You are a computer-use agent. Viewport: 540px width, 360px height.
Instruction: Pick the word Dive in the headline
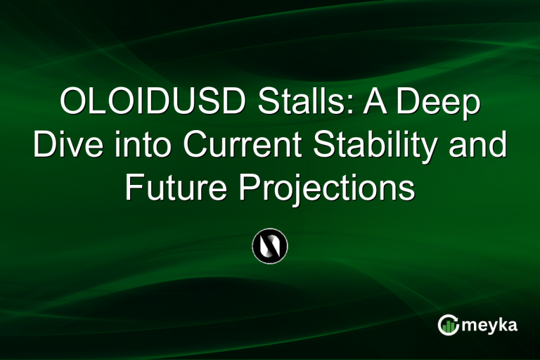[x=64, y=146]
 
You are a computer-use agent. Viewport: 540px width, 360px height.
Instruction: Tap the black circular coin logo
[x=270, y=247]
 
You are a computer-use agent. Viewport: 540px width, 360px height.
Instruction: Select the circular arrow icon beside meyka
[x=448, y=325]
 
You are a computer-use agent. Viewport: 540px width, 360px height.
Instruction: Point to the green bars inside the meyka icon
[x=448, y=327]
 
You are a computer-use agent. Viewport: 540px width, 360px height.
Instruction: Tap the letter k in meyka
[x=502, y=325]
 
